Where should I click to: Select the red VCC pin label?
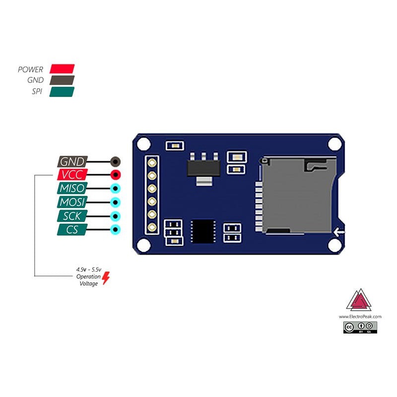pos(72,175)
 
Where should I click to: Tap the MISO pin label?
pos(72,189)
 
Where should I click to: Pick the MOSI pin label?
pos(72,202)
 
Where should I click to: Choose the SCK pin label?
pos(72,216)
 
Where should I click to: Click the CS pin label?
pos(72,229)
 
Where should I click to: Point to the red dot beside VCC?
pos(115,175)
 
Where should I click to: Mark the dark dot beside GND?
pos(115,162)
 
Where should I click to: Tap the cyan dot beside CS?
pos(115,229)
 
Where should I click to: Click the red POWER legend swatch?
pos(62,68)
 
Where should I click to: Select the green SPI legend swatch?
pos(62,92)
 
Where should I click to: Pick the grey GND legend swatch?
pos(62,80)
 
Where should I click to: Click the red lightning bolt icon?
pos(106,279)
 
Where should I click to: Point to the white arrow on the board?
pos(339,231)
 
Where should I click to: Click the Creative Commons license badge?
pos(360,327)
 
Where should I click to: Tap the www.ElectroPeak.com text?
pos(360,316)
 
